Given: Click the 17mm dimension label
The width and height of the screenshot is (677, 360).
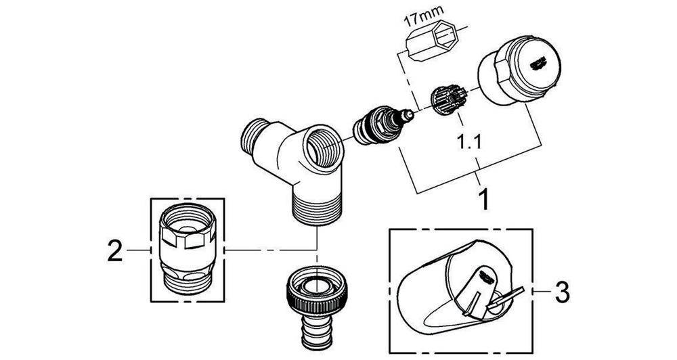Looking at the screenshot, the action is (420, 20).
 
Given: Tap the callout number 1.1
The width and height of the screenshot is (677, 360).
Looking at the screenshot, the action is (469, 141).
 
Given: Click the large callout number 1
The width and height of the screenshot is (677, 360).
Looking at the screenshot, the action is (483, 198).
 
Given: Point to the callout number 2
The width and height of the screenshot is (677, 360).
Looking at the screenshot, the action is (115, 250).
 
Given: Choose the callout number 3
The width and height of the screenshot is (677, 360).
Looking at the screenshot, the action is (561, 292).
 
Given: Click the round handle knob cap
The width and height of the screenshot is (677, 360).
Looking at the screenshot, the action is (519, 71).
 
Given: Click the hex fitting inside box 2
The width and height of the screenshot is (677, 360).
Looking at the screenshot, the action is (188, 248).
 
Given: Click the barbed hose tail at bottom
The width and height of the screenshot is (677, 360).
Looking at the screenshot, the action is (318, 332).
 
